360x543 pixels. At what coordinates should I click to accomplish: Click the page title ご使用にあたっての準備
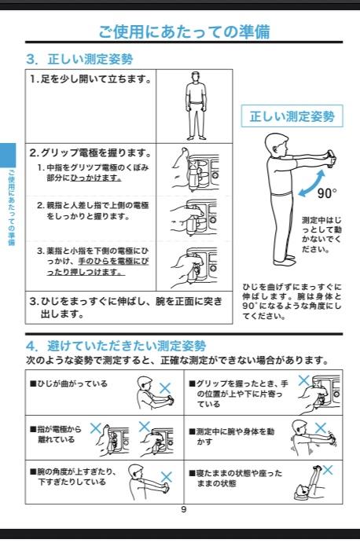(184, 32)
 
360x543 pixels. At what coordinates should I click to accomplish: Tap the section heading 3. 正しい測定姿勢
(79, 59)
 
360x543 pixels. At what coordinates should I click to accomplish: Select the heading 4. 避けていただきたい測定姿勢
(116, 346)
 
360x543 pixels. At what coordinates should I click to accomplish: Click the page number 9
(184, 509)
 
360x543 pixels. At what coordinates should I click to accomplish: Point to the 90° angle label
(327, 193)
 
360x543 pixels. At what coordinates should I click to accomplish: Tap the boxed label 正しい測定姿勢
(292, 116)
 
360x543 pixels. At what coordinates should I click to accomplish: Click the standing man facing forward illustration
(197, 105)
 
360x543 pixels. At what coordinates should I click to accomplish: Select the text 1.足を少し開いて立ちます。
(90, 79)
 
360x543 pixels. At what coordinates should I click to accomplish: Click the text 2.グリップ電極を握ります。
(90, 152)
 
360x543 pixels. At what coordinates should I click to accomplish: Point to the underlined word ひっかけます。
(96, 178)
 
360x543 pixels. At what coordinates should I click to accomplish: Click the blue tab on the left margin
(8, 155)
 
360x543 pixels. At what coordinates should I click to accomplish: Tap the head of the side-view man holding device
(277, 145)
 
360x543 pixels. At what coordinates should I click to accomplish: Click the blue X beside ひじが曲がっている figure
(165, 388)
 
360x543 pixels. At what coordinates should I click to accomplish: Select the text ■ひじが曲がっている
(68, 383)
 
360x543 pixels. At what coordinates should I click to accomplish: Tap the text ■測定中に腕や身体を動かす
(231, 437)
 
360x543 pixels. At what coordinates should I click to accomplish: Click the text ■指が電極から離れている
(56, 435)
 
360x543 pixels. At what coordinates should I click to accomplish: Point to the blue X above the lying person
(328, 470)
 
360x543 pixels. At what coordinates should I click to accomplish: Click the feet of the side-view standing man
(285, 260)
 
